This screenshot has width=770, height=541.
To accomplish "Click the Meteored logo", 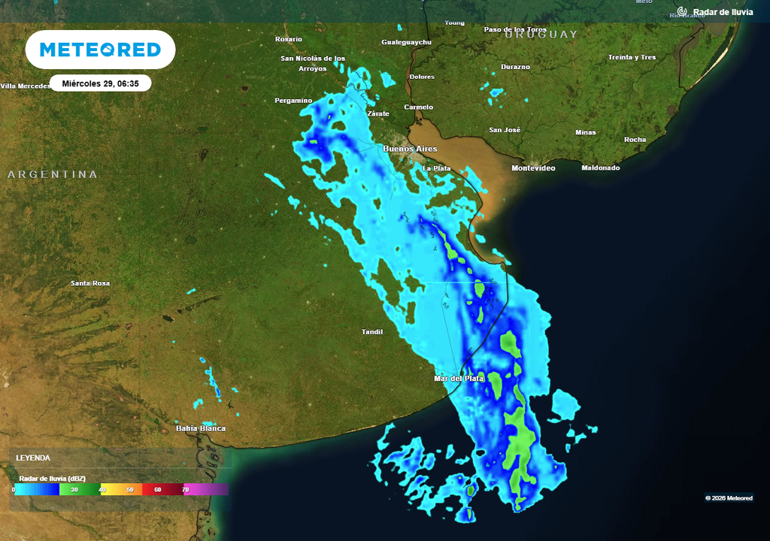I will [100, 50].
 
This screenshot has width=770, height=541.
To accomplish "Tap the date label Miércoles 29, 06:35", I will [101, 83].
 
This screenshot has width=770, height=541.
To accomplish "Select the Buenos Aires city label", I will [410, 149].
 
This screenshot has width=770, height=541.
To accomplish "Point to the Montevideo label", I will [533, 168].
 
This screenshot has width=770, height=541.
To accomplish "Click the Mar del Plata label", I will [459, 378].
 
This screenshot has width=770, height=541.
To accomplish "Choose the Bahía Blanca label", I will [201, 428].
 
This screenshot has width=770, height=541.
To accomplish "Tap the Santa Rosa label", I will [90, 283].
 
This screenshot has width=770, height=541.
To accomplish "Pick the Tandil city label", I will [372, 331].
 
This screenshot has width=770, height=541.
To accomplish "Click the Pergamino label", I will [293, 100].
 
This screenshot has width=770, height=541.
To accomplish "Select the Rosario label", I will [289, 39].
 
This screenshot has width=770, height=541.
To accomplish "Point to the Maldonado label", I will [601, 168].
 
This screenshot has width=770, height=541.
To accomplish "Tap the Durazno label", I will [516, 67].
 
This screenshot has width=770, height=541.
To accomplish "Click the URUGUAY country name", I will [541, 35].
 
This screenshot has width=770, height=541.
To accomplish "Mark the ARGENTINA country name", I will [53, 174].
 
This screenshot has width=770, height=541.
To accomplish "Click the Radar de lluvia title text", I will [723, 12].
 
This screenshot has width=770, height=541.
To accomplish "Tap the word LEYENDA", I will [33, 458].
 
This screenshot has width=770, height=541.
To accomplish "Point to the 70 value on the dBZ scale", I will [185, 489].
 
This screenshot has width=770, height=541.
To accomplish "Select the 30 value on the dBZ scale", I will [74, 489].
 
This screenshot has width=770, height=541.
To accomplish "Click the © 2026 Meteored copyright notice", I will [729, 497].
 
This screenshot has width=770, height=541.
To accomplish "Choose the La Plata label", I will [437, 168].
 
